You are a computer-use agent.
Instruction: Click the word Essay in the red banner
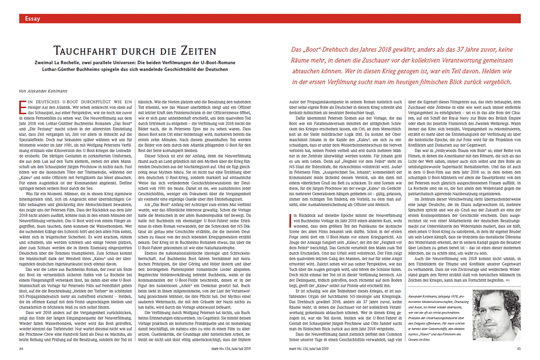tap(33, 19)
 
